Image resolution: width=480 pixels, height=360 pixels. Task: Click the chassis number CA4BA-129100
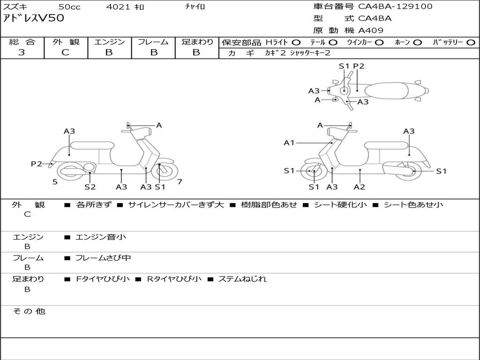click(395, 7)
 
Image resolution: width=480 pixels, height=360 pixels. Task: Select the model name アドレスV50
click(34, 18)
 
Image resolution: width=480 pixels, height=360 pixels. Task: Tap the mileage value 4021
click(119, 7)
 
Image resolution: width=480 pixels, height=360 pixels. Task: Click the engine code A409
click(371, 30)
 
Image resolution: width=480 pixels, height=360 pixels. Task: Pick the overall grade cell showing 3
click(22, 52)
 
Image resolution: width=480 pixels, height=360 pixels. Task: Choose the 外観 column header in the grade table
click(66, 42)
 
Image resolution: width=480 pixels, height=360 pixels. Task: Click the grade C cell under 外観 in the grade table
click(66, 52)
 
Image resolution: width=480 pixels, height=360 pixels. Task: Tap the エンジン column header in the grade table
click(109, 42)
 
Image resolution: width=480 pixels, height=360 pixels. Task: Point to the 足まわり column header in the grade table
click(197, 42)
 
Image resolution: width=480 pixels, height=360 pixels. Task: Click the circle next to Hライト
click(296, 42)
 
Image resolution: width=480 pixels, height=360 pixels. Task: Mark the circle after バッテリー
click(471, 42)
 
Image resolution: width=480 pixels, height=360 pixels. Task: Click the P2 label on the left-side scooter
click(37, 164)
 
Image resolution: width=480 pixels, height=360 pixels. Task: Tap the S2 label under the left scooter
click(90, 187)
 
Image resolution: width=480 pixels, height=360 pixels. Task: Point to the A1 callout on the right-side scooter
click(289, 142)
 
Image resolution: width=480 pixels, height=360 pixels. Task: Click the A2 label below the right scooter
click(360, 187)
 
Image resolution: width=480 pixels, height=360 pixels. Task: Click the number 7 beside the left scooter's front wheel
click(180, 181)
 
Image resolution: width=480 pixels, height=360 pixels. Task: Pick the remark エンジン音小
click(101, 237)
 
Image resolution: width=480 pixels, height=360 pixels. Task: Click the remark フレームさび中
click(103, 258)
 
